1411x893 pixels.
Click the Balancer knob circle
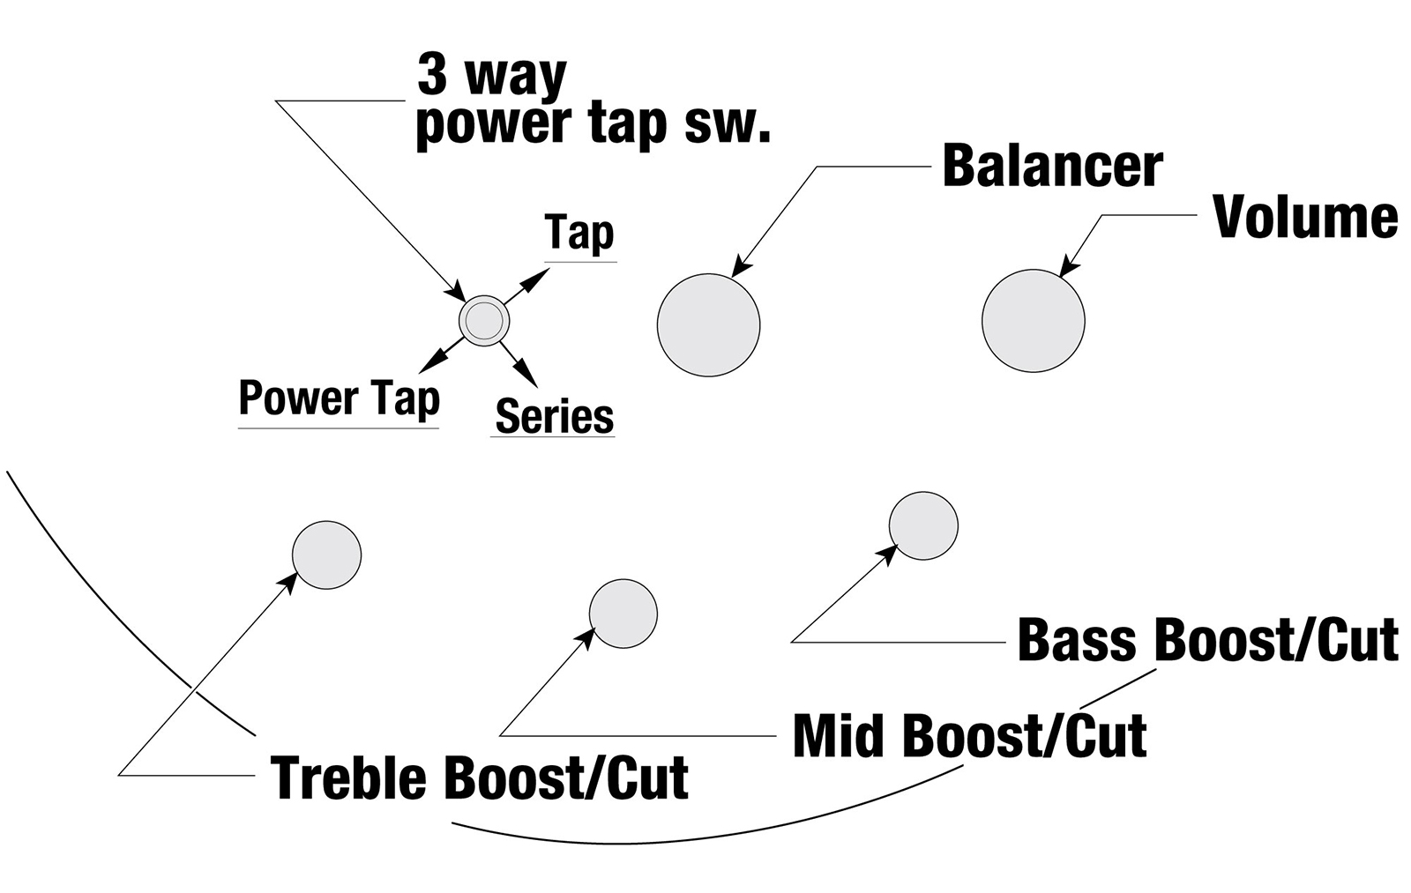(709, 325)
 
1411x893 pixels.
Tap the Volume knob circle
(1033, 321)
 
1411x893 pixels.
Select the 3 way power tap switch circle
(484, 321)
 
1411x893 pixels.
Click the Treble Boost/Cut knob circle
(327, 554)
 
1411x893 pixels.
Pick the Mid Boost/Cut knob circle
(623, 614)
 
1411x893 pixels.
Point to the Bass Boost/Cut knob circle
(923, 525)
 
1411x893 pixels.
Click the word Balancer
(1053, 167)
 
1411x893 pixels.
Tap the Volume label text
(1306, 217)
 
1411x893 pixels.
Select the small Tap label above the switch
(579, 234)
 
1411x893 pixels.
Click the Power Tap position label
(340, 398)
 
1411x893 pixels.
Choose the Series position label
(555, 416)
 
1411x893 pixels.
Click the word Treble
(352, 778)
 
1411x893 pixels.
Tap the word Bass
(1078, 640)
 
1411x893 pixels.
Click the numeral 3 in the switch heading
(433, 76)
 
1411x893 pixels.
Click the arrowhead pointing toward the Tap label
(537, 279)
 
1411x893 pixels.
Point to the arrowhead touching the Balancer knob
(742, 265)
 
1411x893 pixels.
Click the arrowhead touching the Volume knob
(1070, 265)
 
